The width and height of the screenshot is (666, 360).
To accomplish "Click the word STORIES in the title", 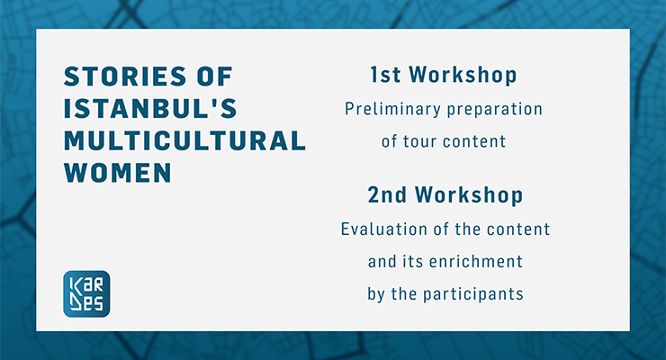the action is (125, 76).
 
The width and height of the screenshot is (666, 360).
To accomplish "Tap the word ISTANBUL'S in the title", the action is (150, 109).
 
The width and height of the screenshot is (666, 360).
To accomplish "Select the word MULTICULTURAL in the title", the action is (184, 140).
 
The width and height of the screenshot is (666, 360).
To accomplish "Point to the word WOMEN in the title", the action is (118, 173).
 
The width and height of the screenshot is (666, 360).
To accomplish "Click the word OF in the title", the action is (215, 76).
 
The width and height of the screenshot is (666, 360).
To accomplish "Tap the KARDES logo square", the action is (86, 293).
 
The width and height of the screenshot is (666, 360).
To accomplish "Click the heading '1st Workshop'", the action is (444, 75).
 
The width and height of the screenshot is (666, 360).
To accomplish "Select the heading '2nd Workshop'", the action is (445, 195).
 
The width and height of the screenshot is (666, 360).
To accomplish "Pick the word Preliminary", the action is (393, 109).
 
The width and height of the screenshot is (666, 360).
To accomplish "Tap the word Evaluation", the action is (384, 229).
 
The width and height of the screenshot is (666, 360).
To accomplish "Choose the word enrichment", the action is (476, 262).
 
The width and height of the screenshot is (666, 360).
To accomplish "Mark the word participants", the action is (473, 294).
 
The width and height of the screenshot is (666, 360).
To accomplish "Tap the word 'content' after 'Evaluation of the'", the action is (518, 229).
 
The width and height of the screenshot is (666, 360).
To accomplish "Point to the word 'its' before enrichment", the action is (413, 262).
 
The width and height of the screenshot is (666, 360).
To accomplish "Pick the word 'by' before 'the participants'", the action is (376, 294).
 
